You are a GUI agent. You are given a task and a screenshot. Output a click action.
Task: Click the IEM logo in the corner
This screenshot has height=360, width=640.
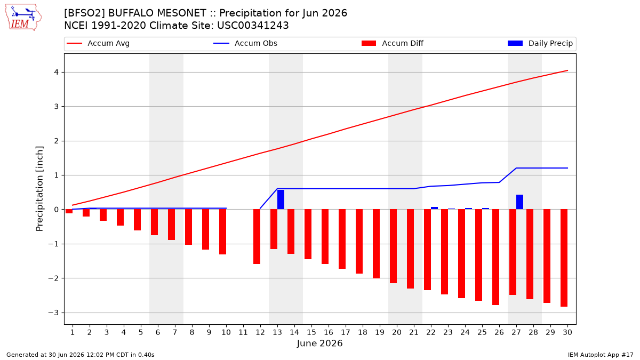click(x=23, y=17)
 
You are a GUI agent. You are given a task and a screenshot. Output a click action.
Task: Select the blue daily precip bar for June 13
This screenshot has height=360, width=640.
click(x=281, y=199)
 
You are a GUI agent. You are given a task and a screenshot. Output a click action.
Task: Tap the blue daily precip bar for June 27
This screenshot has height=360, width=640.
click(x=519, y=202)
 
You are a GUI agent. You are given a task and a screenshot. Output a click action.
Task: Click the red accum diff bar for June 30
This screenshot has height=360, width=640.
click(x=564, y=258)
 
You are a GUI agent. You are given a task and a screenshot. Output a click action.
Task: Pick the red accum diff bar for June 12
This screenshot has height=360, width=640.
click(x=257, y=237)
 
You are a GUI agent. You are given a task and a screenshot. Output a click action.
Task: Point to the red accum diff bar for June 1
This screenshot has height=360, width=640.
click(x=69, y=211)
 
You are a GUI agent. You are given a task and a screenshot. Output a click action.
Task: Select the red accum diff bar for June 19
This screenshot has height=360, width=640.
click(x=377, y=244)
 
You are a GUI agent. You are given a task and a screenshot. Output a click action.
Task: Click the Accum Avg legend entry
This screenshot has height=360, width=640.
click(x=98, y=43)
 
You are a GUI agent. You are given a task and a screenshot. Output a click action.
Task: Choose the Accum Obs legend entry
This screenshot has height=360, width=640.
click(x=245, y=43)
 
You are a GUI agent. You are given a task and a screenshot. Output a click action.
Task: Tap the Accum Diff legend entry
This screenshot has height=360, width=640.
click(x=393, y=43)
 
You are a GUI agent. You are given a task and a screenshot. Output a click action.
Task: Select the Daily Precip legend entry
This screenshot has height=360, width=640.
click(x=540, y=43)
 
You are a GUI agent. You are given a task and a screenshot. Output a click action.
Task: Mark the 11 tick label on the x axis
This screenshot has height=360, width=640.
click(x=243, y=332)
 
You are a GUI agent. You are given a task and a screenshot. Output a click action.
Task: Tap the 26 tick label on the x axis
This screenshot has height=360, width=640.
click(x=499, y=332)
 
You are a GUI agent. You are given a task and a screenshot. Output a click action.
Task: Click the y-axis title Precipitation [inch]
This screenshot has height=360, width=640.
click(x=39, y=189)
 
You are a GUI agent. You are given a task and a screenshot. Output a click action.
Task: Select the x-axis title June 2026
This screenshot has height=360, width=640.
click(x=319, y=343)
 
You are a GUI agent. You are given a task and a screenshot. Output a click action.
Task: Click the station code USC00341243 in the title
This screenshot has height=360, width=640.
click(x=253, y=26)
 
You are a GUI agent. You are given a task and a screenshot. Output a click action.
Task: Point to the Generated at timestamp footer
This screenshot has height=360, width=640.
click(x=81, y=355)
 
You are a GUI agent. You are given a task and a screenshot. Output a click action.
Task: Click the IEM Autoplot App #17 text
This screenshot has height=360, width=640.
click(x=601, y=355)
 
